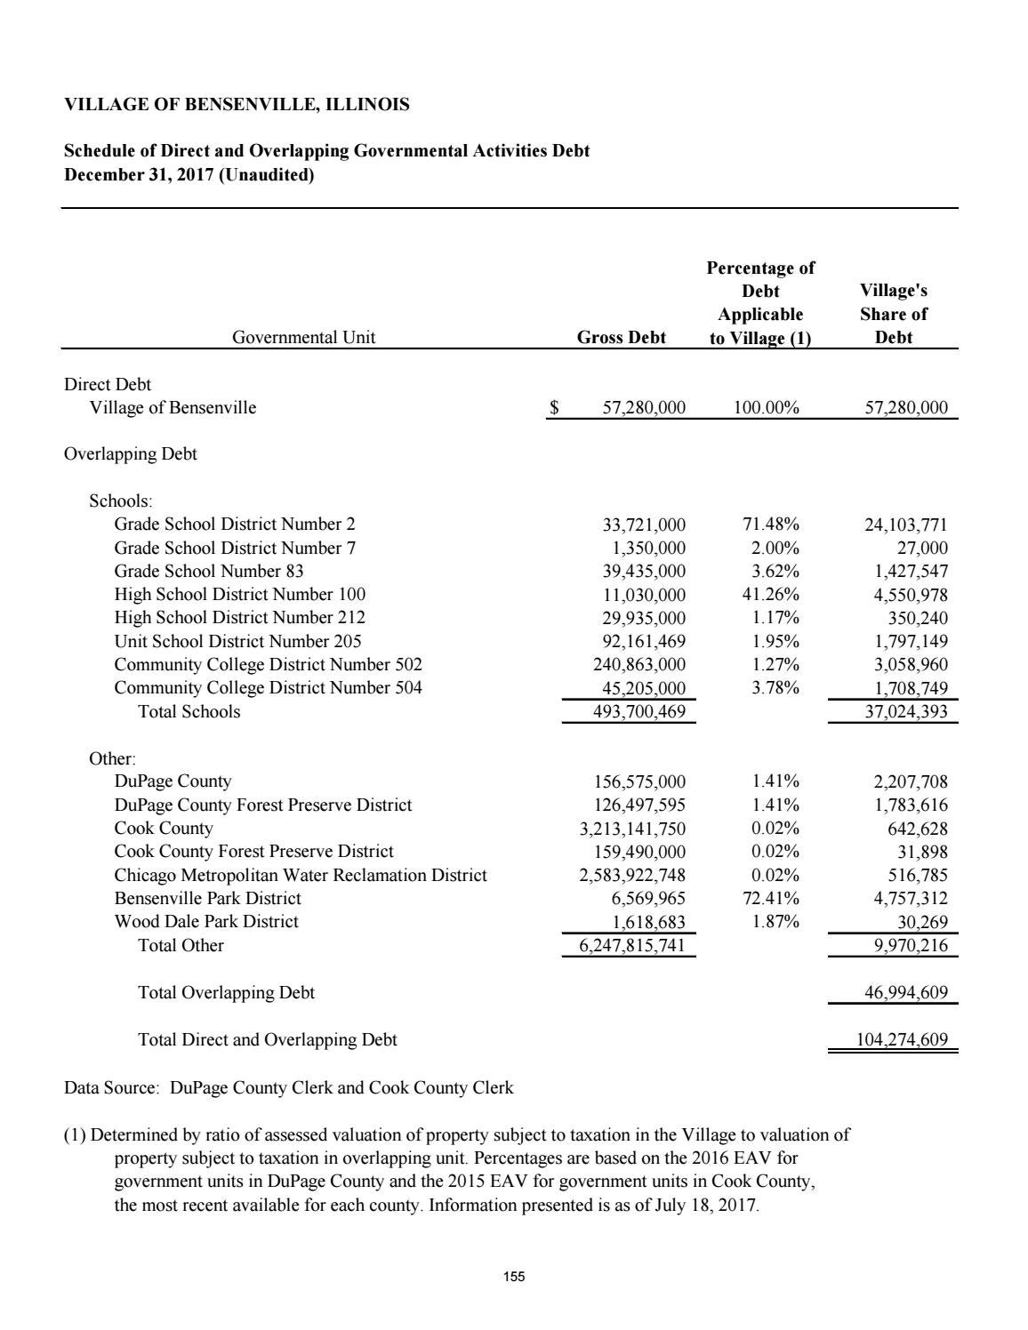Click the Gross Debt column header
coord(621,338)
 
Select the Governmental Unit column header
coord(303,338)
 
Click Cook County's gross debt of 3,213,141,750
coord(632,829)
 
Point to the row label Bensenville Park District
coord(207,898)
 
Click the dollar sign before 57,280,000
coord(554,408)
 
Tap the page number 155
coord(514,1277)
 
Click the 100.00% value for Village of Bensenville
coord(766,408)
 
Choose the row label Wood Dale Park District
coord(206,922)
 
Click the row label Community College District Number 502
coord(268,665)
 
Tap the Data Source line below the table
coord(288,1087)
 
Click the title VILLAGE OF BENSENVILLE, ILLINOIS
coord(237,105)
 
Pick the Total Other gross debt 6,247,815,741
coord(632,946)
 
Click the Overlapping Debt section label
coord(131,454)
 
